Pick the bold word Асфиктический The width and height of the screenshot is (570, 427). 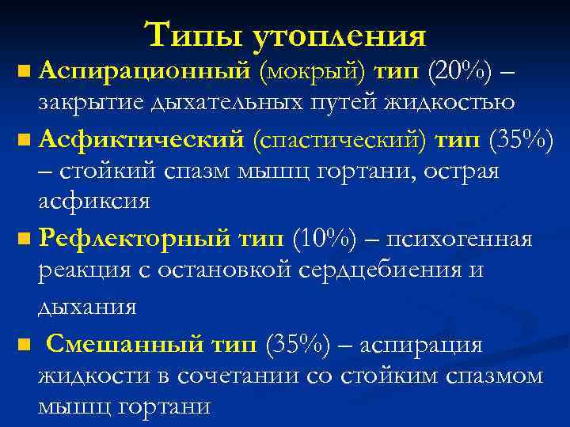142,140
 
